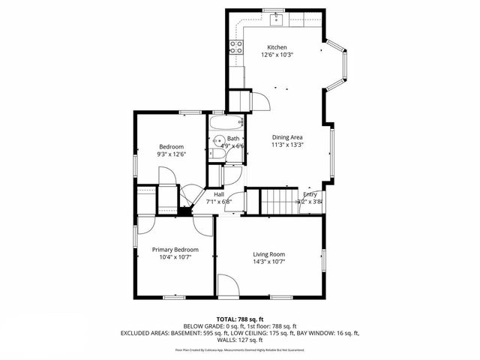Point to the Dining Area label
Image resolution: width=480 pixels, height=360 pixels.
click(287, 137)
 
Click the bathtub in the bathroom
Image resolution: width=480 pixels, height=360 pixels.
click(224, 123)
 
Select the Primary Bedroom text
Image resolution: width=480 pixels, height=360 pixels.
click(175, 249)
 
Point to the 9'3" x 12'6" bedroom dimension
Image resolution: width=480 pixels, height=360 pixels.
click(172, 154)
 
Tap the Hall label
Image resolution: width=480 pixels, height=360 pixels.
click(219, 194)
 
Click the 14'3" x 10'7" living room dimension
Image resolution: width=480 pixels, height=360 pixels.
click(268, 262)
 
